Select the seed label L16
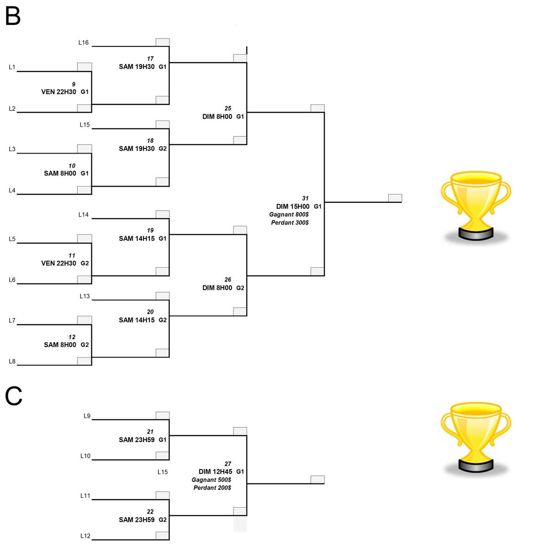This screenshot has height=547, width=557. tap(83, 43)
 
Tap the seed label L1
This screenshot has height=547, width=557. tap(12, 67)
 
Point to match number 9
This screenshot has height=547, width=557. tap(73, 84)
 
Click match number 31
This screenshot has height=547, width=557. tap(305, 198)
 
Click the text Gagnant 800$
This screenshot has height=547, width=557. tap(289, 214)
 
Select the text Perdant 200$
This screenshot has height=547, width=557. tap(212, 488)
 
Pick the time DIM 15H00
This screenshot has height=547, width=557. tap(292, 206)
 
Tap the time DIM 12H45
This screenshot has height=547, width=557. tap(215, 471)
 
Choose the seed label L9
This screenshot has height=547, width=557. tap(87, 416)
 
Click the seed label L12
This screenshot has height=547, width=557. tap(85, 536)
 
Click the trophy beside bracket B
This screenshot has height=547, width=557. tap(475, 206)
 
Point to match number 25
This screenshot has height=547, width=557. tap(227, 108)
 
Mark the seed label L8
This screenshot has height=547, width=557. tap(12, 361)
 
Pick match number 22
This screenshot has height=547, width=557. tap(150, 511)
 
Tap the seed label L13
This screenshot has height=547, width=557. tap(84, 296)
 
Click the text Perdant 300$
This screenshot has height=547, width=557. tap(290, 223)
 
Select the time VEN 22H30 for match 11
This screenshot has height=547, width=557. tap(58, 263)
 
